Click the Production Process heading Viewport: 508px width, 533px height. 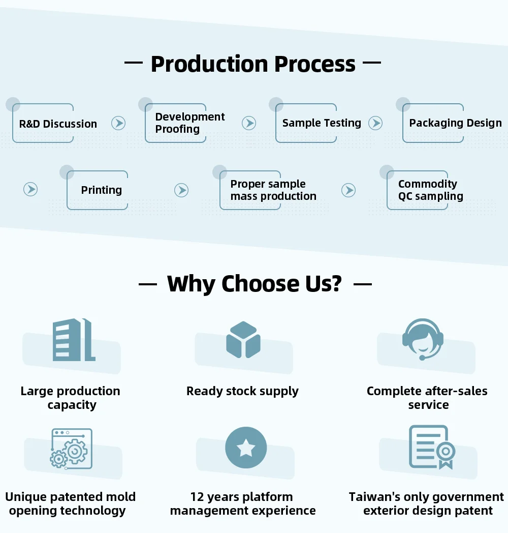click(253, 64)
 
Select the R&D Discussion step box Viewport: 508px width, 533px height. click(58, 124)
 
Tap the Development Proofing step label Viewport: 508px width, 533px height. click(190, 123)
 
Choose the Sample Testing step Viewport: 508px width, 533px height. click(322, 123)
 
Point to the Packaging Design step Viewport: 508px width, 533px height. click(455, 123)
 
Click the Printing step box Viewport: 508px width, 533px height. click(102, 190)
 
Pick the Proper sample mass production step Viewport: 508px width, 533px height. click(273, 190)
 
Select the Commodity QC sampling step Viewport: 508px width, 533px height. click(430, 190)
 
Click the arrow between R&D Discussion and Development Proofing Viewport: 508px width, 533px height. click(118, 123)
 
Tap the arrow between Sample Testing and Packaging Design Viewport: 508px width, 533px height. click(375, 123)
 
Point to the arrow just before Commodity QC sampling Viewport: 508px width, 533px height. click(348, 190)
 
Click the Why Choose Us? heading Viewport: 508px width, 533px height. click(254, 284)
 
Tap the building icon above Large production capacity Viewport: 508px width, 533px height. click(74, 340)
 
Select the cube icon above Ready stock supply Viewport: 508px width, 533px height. click(243, 340)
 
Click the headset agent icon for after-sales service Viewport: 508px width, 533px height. click(423, 339)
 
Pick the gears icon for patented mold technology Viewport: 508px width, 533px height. click(71, 449)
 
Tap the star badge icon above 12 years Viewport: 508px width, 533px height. click(246, 448)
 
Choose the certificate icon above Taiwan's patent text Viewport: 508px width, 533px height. click(431, 448)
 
